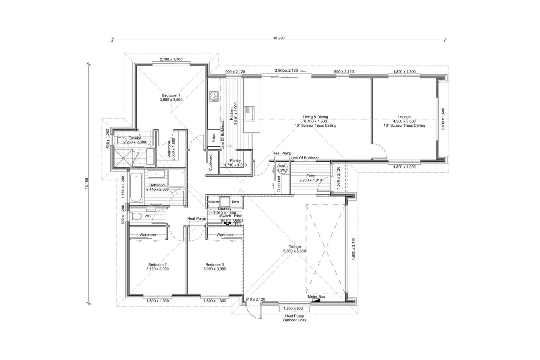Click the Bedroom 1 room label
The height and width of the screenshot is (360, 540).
171,96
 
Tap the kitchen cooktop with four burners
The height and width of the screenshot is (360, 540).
213,96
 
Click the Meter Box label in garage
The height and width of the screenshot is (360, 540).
316,297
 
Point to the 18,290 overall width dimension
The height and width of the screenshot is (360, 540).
279,38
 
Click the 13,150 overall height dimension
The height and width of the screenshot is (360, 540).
87,183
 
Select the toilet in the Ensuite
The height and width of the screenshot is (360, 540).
120,140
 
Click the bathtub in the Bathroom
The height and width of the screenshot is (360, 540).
136,188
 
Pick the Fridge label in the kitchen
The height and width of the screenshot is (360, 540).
214,138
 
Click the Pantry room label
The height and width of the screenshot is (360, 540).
235,161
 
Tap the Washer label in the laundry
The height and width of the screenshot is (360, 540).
213,202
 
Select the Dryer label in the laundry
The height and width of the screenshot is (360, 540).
235,202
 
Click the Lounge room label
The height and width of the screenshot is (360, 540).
404,117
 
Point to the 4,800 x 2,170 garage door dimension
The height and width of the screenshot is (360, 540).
354,249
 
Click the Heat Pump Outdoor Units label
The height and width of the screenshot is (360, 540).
294,318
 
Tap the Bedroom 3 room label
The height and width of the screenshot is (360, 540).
215,265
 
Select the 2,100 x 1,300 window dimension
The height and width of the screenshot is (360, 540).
171,59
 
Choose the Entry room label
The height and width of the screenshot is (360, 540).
310,176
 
